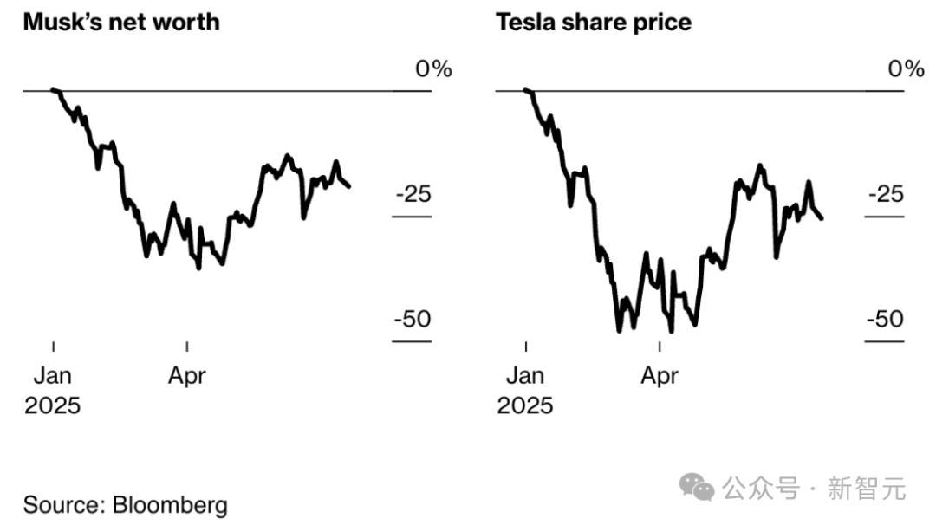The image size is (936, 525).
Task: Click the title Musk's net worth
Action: tap(120, 22)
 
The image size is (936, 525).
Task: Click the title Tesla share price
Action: tap(594, 22)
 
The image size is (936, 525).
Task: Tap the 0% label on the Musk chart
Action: tap(433, 68)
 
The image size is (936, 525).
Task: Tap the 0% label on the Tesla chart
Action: tap(907, 68)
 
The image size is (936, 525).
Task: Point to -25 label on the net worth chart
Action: tap(413, 194)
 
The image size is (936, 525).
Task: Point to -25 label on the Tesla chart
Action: tap(886, 194)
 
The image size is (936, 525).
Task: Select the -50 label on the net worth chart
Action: tap(413, 320)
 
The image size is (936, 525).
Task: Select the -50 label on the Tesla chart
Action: tap(886, 320)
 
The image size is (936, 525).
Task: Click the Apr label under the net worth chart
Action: tap(186, 376)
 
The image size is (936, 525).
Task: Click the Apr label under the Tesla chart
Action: tap(660, 376)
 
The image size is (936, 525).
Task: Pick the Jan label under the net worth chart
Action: tap(54, 376)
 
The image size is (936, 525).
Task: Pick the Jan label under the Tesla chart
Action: tap(525, 376)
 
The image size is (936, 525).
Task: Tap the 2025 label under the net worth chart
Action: tap(52, 405)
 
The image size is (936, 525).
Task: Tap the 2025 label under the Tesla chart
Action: tap(525, 405)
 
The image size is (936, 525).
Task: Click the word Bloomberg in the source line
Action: tap(170, 505)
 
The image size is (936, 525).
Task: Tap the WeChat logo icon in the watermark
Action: tap(698, 488)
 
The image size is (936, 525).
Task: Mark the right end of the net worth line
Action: tap(348, 185)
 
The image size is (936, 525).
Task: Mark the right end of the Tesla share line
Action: tap(821, 217)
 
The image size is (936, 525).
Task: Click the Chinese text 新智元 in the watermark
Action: tap(867, 489)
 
